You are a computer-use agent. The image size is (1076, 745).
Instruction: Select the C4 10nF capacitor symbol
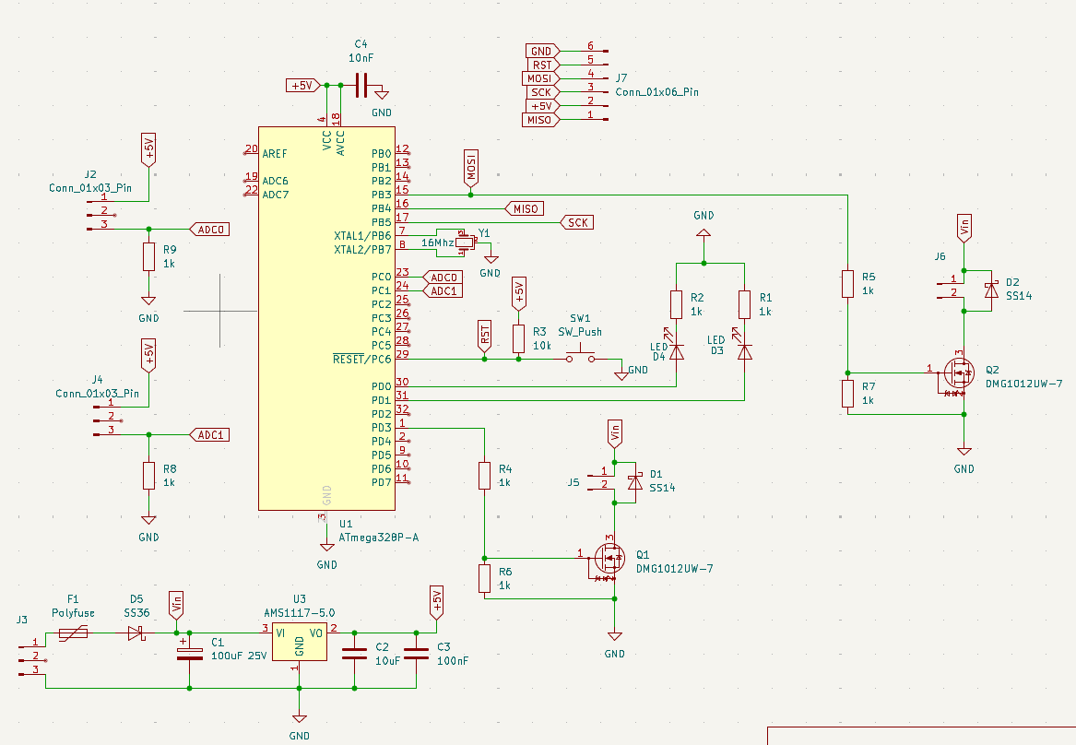pyautogui.click(x=361, y=86)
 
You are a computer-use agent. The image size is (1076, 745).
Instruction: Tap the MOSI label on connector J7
pyautogui.click(x=540, y=78)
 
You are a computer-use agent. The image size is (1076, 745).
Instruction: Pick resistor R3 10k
pyautogui.click(x=518, y=338)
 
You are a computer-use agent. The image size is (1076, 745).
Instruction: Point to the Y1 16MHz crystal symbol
pyautogui.click(x=464, y=242)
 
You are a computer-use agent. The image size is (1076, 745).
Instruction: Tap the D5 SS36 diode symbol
pyautogui.click(x=136, y=633)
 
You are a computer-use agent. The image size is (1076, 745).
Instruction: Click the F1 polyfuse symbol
pyautogui.click(x=74, y=633)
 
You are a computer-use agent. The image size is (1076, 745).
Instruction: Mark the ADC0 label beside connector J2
pyautogui.click(x=208, y=229)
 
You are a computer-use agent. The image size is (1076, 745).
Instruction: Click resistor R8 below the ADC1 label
pyautogui.click(x=148, y=476)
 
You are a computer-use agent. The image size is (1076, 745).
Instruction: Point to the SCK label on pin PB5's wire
pyautogui.click(x=577, y=222)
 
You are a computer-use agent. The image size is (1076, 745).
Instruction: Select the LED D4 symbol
pyautogui.click(x=677, y=351)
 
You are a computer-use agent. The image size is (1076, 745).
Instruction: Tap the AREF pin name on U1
pyautogui.click(x=275, y=153)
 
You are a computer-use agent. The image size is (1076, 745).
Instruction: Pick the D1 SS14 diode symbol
pyautogui.click(x=634, y=481)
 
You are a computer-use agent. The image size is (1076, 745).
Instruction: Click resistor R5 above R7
pyautogui.click(x=848, y=284)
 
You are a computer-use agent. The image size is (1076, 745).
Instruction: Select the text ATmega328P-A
pyautogui.click(x=379, y=537)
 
